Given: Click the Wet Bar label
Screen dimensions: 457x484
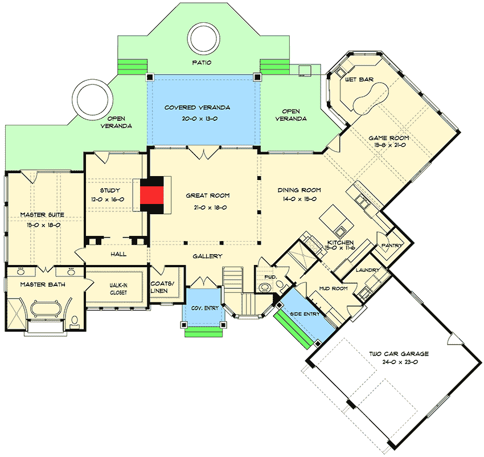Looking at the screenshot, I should (359, 79).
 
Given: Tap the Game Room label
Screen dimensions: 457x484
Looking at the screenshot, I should (388, 138).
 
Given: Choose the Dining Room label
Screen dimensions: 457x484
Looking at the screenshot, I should (299, 190).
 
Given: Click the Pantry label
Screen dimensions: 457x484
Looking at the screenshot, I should (393, 246).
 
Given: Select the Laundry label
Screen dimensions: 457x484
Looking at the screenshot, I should (367, 270).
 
